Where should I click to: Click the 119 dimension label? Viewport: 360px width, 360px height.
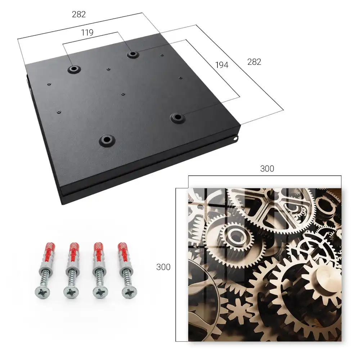87,33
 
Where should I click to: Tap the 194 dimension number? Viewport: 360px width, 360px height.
222,65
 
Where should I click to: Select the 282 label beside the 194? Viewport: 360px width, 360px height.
254,62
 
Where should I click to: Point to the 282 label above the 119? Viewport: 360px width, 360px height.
79,14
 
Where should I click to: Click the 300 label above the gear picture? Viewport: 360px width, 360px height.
267,168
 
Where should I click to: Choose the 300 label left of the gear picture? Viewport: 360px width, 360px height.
163,267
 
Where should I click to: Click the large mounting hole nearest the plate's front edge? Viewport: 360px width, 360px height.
107,140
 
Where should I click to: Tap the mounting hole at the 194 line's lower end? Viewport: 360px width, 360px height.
177,118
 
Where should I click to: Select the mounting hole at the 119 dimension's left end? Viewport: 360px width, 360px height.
74,69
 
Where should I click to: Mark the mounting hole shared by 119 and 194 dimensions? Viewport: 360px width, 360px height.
132,54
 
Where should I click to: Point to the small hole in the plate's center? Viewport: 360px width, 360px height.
123,94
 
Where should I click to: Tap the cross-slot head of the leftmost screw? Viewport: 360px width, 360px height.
42,293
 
